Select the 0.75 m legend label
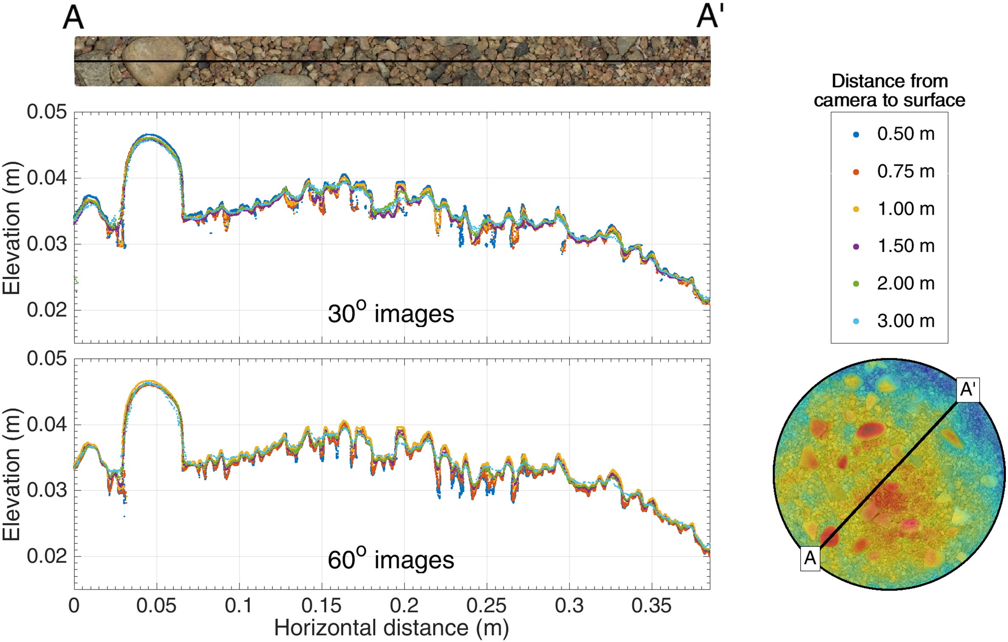click(x=906, y=172)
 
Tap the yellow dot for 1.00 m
click(x=856, y=209)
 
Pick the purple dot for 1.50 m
click(x=856, y=246)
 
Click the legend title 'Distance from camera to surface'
click(x=889, y=91)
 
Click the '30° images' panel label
click(x=391, y=314)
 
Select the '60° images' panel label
click(x=391, y=560)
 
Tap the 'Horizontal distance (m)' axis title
click(x=391, y=628)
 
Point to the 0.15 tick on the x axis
click(x=321, y=606)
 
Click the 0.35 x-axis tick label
click(x=651, y=606)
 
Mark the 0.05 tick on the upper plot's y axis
click(x=47, y=112)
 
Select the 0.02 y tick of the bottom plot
click(x=47, y=556)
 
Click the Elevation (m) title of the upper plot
click(x=12, y=227)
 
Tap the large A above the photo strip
click(x=73, y=18)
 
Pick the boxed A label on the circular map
click(x=810, y=558)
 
